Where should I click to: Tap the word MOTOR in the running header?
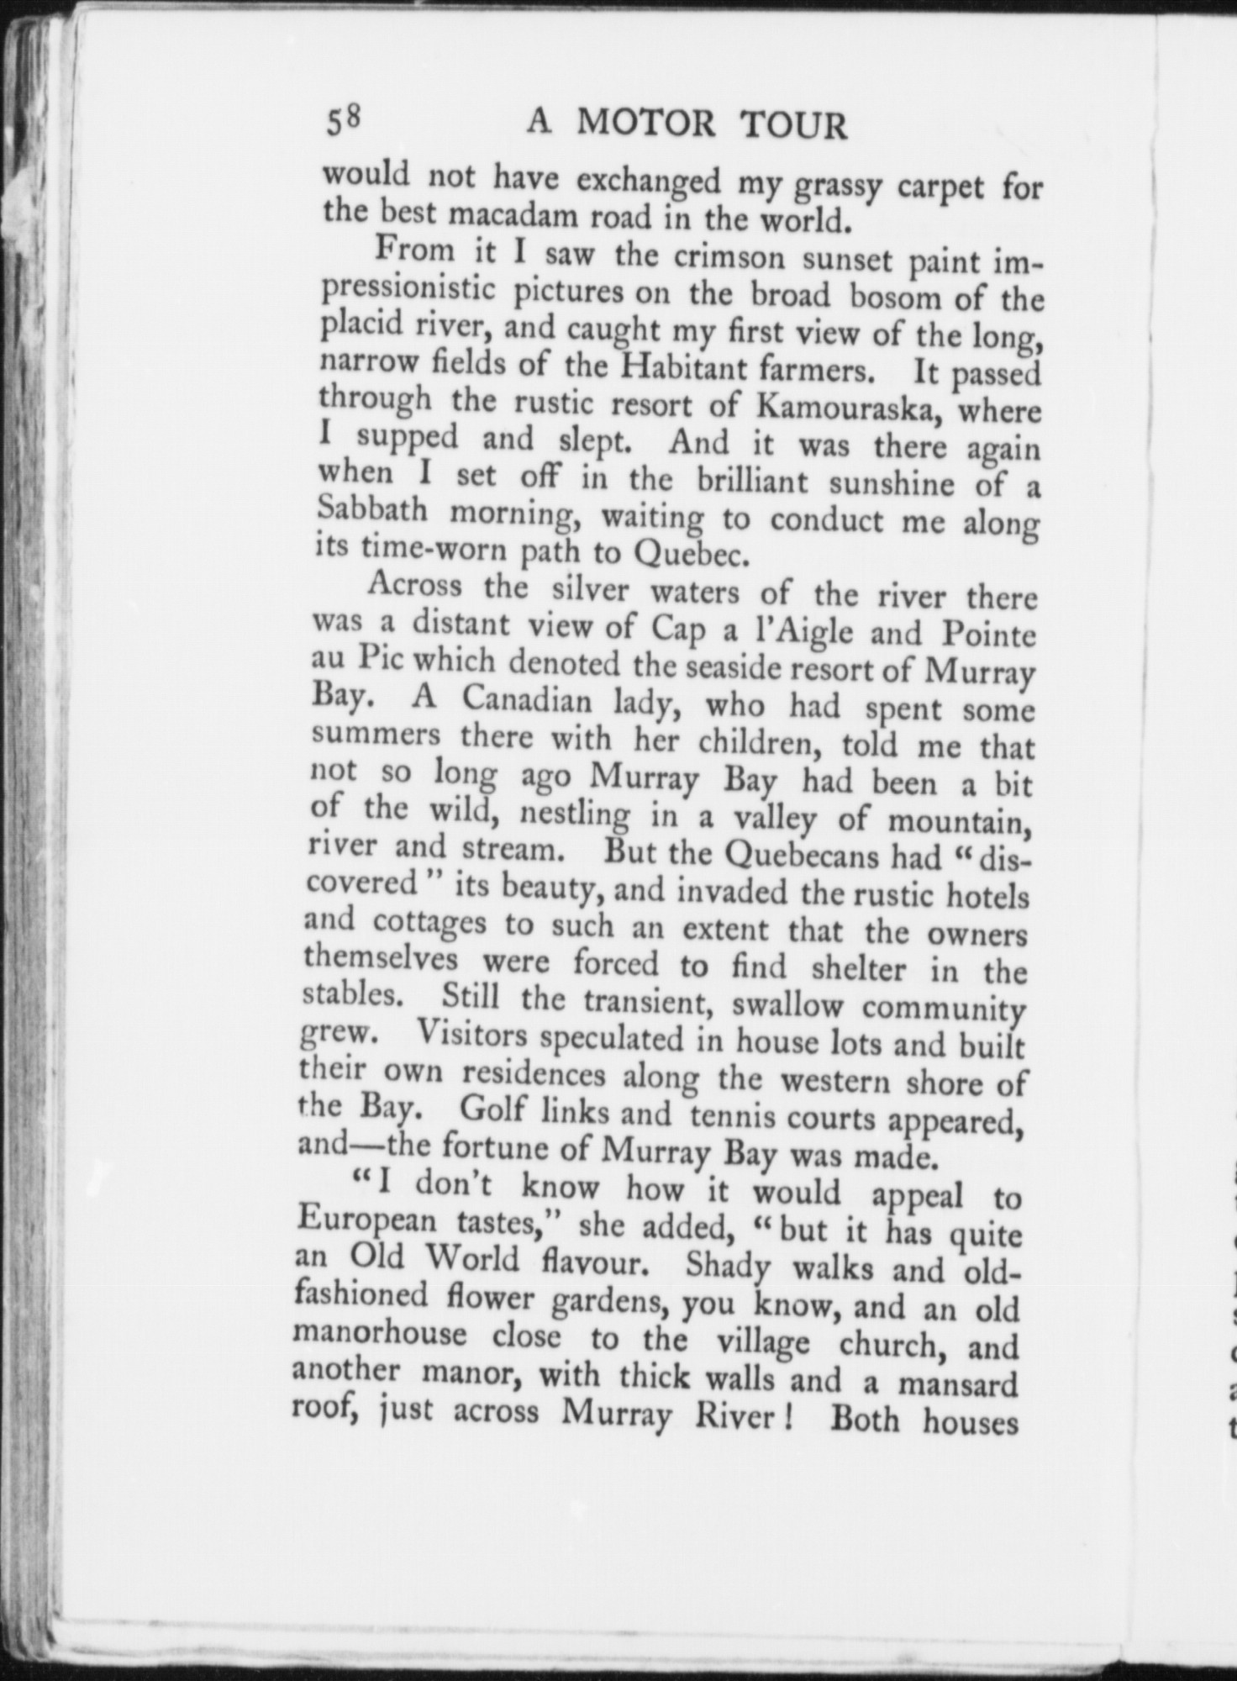[x=646, y=124]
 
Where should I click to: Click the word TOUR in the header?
[x=793, y=127]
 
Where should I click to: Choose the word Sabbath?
[x=371, y=511]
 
